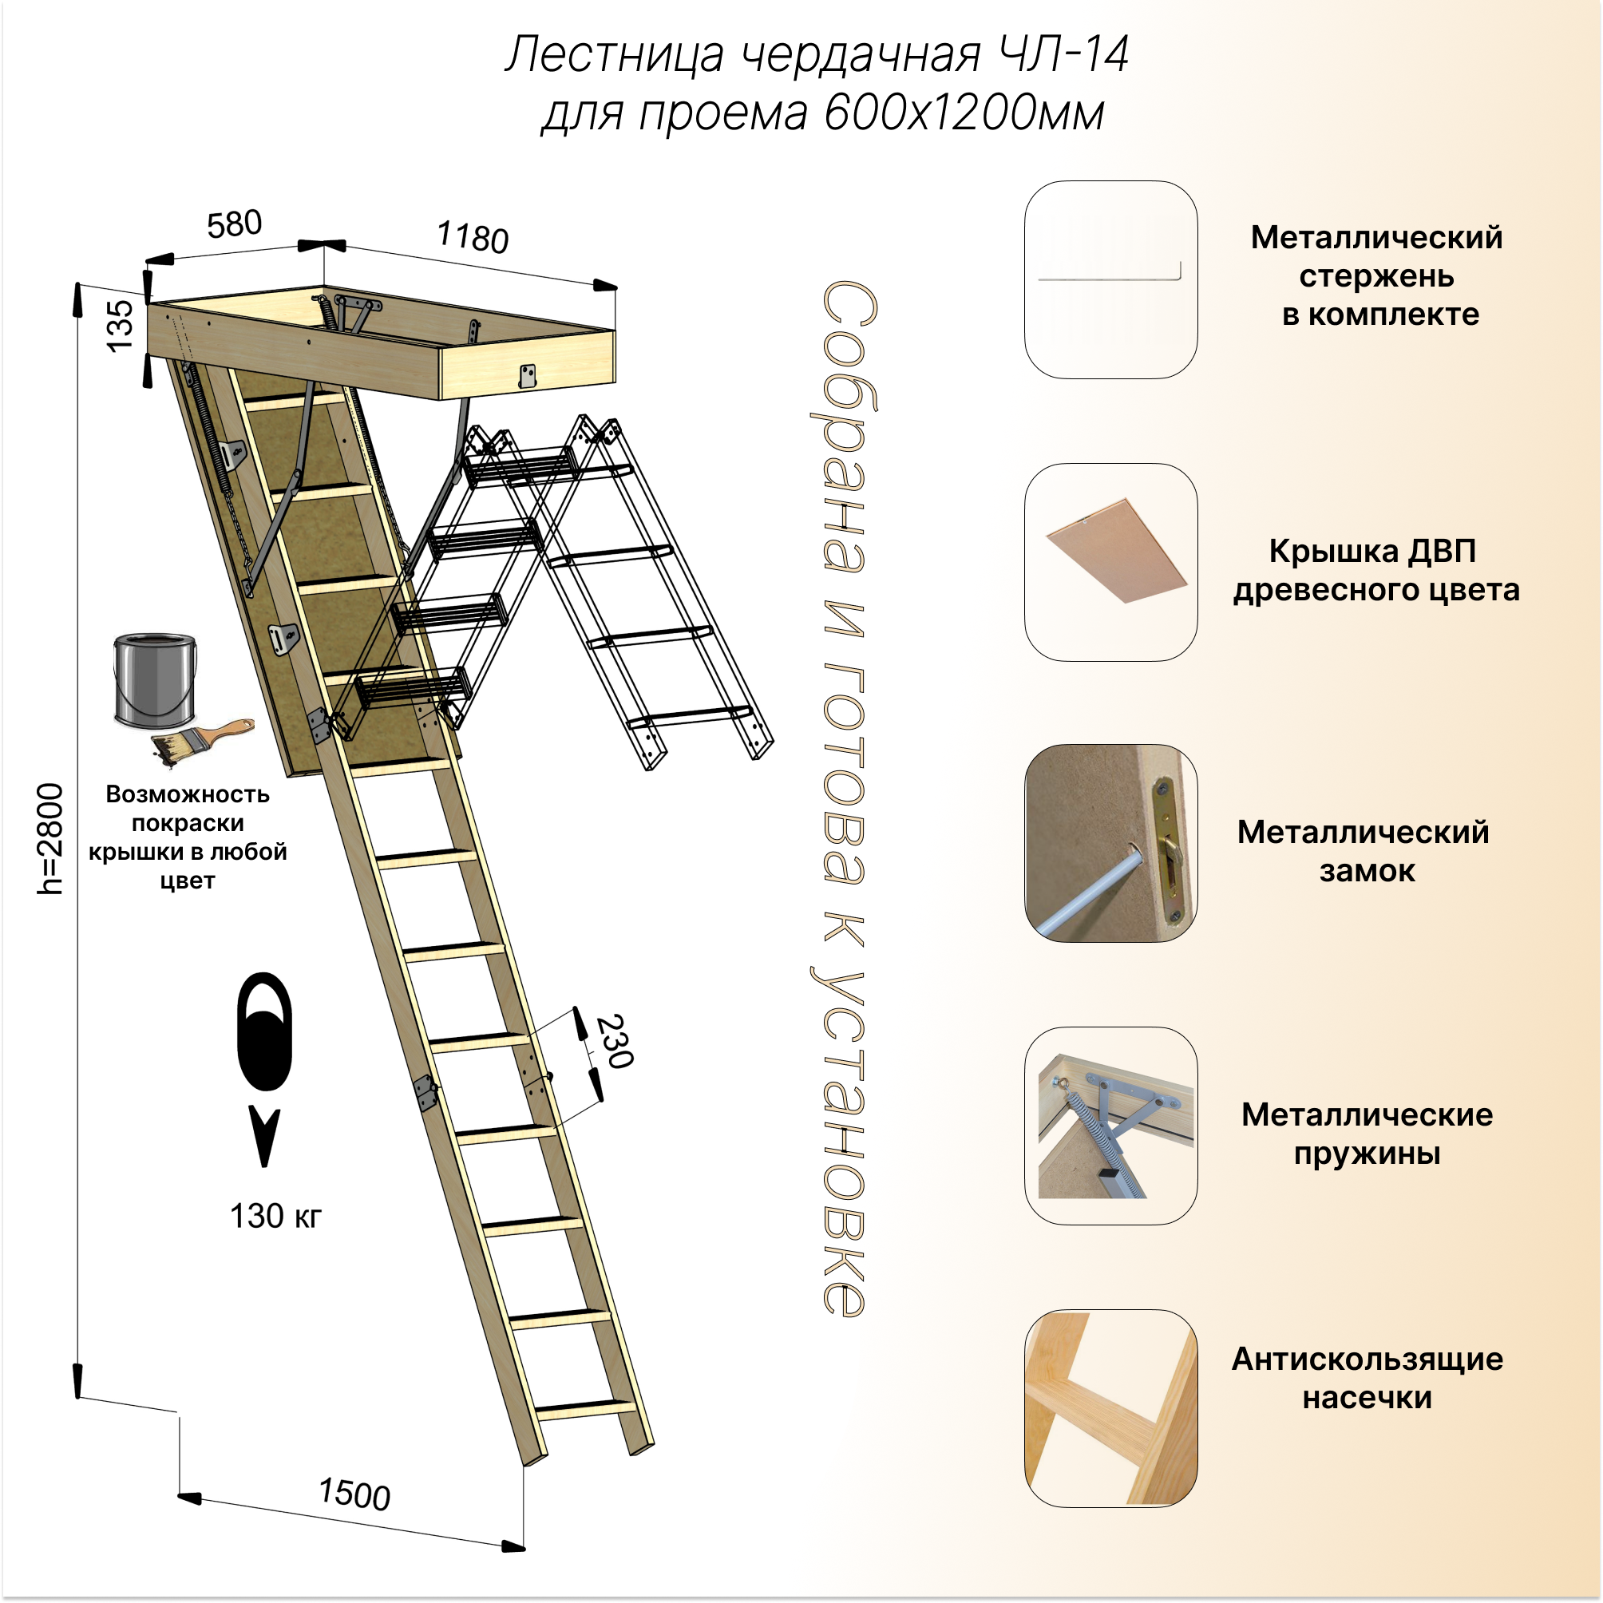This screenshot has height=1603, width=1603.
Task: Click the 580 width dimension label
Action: (x=234, y=224)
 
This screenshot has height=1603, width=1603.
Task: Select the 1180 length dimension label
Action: (x=472, y=237)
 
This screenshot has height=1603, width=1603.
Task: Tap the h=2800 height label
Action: (x=49, y=838)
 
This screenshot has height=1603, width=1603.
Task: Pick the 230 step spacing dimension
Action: (x=615, y=1041)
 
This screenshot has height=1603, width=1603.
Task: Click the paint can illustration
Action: (x=155, y=680)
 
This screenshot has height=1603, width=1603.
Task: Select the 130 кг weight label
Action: (x=275, y=1217)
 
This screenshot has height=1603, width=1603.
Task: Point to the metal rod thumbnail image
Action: (x=1110, y=279)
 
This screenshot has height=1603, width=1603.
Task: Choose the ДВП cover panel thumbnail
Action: (x=1110, y=562)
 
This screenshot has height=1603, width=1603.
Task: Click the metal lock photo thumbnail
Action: (x=1110, y=843)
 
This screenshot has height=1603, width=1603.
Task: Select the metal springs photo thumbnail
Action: (x=1110, y=1125)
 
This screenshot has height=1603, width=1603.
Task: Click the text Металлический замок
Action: (x=1363, y=851)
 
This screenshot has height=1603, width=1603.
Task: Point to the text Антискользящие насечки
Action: (x=1367, y=1378)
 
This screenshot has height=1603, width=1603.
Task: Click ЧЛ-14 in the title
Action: (x=1063, y=56)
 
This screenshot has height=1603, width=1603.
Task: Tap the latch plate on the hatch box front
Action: (x=527, y=376)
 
